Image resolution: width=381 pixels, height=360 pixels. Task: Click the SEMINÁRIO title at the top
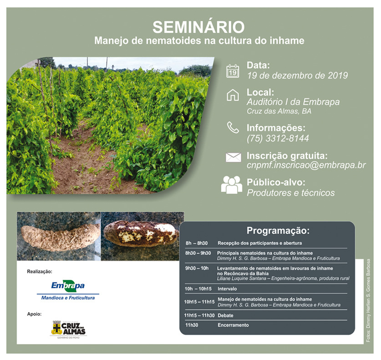pos(198,26)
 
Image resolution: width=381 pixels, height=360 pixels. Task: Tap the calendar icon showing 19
pos(233,71)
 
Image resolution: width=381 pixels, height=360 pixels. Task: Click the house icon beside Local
pos(233,95)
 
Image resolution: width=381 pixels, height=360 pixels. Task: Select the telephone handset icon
pos(233,128)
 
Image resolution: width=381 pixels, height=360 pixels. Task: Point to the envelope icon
pos(233,157)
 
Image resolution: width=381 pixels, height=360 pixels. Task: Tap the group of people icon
pos(232,185)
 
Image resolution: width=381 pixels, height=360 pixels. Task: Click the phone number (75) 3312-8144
pos(278,139)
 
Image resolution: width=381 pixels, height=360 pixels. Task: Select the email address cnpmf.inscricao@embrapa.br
pos(306,165)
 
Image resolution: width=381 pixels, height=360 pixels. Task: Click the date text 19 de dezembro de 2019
pos(297,75)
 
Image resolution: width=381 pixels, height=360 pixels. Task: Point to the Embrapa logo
pos(68,290)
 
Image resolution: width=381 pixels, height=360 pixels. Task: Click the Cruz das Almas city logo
pos(68,329)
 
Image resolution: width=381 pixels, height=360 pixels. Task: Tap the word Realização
pos(39,272)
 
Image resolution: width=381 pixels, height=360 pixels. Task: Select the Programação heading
pos(278,230)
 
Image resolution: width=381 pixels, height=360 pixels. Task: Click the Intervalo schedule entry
pos(227,289)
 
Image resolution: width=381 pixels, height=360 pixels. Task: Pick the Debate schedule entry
pos(225,315)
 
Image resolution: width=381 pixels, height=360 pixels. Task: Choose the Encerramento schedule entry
pos(233,325)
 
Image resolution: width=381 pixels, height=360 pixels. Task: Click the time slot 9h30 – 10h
pos(197,268)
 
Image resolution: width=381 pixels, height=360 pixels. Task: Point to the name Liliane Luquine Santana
pos(242,278)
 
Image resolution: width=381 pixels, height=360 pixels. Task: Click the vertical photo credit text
pos(368,301)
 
